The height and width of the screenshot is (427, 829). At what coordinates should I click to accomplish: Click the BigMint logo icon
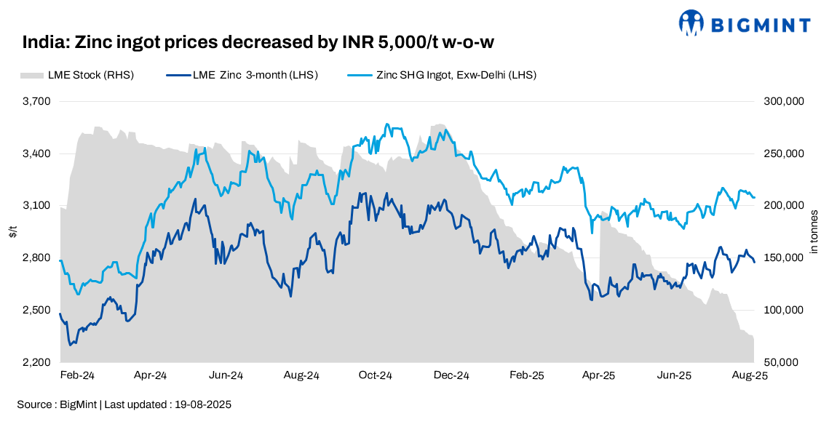click(691, 23)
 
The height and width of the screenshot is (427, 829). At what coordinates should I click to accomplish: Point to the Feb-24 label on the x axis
click(76, 376)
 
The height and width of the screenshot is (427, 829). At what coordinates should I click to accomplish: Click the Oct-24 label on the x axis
click(376, 376)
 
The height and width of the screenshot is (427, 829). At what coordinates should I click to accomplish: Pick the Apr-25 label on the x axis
click(600, 376)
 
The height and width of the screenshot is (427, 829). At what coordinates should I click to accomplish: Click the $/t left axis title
click(12, 232)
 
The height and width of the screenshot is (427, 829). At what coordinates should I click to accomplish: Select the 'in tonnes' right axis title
click(814, 232)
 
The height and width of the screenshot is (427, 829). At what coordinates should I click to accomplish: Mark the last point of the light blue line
click(754, 197)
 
